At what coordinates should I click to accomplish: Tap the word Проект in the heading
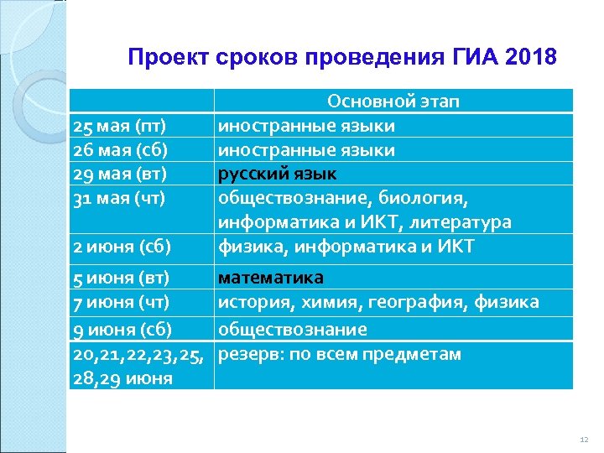tap(162, 58)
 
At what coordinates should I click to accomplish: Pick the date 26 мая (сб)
tap(119, 150)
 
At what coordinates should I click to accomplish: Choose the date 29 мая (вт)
tap(119, 174)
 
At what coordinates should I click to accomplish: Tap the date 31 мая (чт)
tap(119, 199)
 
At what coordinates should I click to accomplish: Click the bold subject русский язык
tap(278, 174)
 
